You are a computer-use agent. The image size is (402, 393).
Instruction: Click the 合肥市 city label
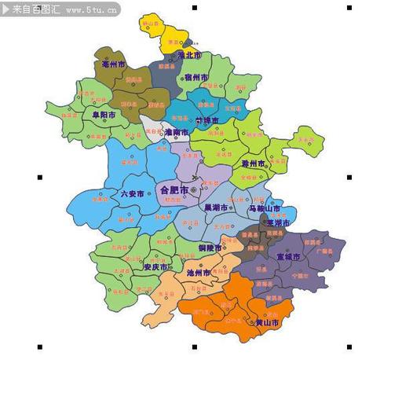[174, 190]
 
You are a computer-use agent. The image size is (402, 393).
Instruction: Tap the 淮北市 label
[189, 56]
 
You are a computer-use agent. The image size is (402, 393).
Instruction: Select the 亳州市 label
[111, 64]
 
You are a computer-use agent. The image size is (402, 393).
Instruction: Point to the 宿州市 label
[196, 77]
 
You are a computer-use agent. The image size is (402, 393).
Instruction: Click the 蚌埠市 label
[208, 120]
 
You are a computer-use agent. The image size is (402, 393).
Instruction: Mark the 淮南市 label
[176, 132]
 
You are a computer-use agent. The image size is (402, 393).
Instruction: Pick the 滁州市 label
[253, 163]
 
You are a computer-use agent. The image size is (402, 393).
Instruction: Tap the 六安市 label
[132, 193]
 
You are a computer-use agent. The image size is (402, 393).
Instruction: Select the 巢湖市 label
[215, 208]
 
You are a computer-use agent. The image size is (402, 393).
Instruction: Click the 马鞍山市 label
[264, 208]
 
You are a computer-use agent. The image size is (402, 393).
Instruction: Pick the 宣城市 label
[288, 256]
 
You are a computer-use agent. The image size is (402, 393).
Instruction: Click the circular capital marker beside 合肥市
[193, 190]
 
